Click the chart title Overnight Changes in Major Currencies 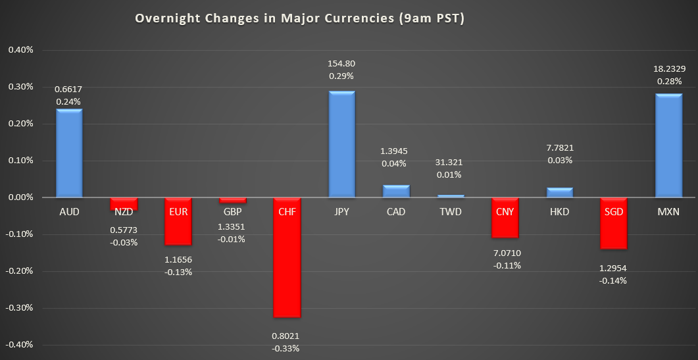(299, 18)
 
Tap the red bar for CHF (287, 257)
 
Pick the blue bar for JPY (341, 144)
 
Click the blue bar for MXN (668, 145)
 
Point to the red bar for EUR (178, 221)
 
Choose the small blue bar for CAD (396, 191)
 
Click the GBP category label (232, 211)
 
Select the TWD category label (451, 211)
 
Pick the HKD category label (559, 211)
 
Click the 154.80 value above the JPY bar (341, 63)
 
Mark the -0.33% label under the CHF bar (287, 348)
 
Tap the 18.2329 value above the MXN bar (668, 68)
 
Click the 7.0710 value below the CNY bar (505, 253)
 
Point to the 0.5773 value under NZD (124, 230)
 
